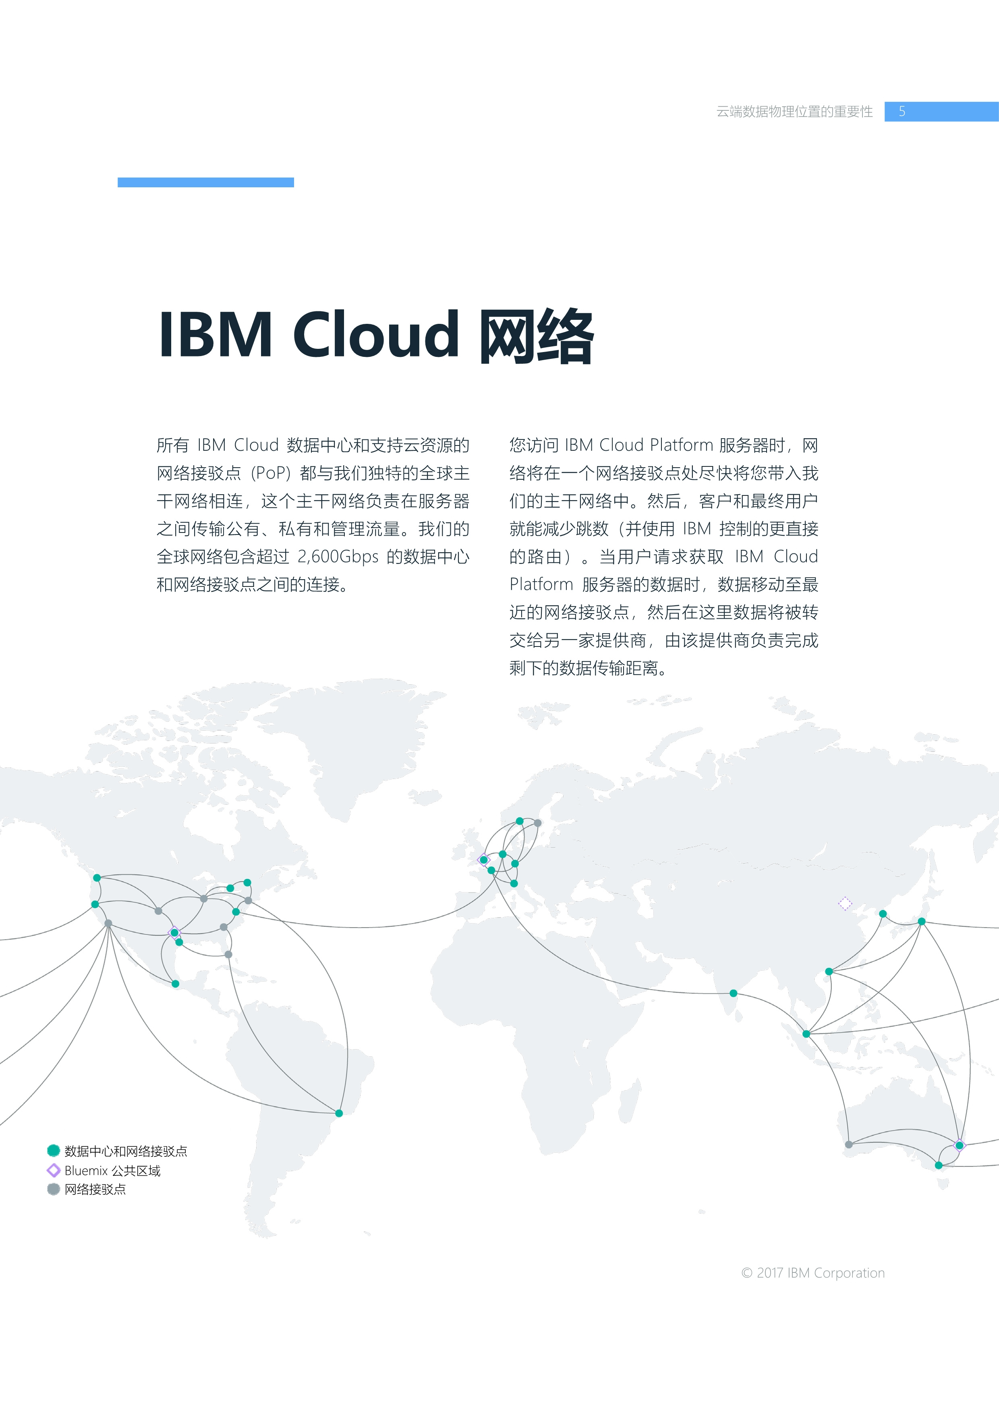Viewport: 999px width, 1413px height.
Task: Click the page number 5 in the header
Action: [902, 112]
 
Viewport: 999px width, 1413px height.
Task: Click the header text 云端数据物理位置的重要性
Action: [795, 112]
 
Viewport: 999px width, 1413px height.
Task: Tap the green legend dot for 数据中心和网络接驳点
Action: [54, 1150]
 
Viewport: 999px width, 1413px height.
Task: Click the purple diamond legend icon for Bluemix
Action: [54, 1170]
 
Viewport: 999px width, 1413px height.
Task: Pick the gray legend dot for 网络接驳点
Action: [54, 1189]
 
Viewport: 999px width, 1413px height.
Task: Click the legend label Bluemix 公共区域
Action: [113, 1171]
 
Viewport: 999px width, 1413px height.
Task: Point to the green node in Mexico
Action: [175, 984]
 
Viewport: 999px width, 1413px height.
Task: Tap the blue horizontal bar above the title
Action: [205, 182]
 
